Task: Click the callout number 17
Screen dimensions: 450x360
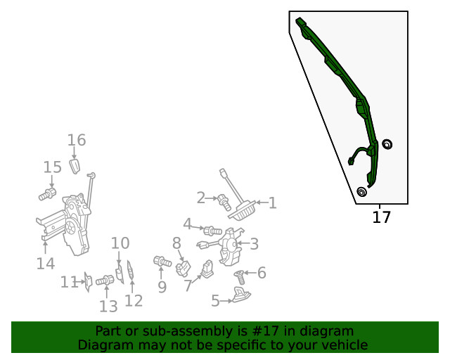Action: click(381, 217)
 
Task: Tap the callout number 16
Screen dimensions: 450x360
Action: click(77, 140)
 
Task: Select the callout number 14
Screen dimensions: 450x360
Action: click(46, 263)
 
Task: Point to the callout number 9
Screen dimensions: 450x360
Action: click(162, 286)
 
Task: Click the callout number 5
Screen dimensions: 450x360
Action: click(216, 300)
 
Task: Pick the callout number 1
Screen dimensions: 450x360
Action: click(272, 203)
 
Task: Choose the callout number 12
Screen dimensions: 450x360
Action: click(134, 300)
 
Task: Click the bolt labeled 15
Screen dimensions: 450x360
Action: click(48, 194)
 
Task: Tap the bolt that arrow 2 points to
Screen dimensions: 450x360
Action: click(224, 202)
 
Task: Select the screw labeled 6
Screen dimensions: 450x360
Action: click(239, 276)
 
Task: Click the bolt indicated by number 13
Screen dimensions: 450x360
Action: click(105, 280)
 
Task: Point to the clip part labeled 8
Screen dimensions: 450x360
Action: click(183, 268)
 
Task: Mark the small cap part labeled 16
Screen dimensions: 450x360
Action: click(75, 166)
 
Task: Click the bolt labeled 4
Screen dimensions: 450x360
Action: click(212, 231)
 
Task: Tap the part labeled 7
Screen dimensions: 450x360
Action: click(207, 269)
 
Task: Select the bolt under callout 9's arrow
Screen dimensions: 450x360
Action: click(162, 262)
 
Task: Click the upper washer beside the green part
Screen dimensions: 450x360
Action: click(387, 144)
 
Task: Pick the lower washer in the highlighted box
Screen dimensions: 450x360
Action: click(361, 192)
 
